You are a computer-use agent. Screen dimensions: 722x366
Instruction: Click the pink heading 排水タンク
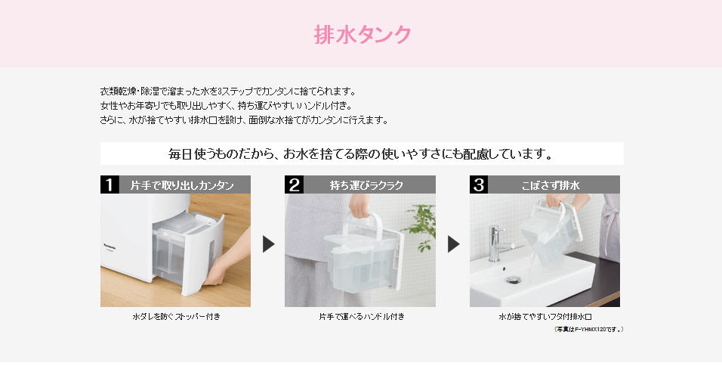click(363, 35)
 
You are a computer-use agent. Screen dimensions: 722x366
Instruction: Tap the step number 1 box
click(110, 185)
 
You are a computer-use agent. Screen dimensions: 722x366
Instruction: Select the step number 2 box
click(294, 185)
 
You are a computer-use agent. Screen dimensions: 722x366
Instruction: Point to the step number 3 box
click(479, 185)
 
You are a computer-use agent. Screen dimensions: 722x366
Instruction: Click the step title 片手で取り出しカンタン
click(182, 185)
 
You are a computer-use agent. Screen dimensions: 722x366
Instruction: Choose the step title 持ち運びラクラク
click(366, 185)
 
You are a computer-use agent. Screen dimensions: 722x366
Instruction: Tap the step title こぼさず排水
click(551, 185)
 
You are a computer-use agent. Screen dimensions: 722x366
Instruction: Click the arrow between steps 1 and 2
click(268, 243)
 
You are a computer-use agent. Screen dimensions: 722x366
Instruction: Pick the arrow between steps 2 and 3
click(453, 243)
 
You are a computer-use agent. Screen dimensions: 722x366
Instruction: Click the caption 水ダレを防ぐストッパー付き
click(177, 317)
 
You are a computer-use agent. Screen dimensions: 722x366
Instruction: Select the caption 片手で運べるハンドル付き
click(362, 317)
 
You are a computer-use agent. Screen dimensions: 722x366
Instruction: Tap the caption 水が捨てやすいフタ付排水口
click(545, 317)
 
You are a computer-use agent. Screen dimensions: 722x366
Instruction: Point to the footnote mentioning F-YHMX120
click(589, 329)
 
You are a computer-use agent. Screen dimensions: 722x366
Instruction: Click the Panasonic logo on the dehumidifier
click(110, 247)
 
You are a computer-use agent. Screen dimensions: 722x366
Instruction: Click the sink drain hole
click(514, 279)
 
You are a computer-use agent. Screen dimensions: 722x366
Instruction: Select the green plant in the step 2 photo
click(420, 226)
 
